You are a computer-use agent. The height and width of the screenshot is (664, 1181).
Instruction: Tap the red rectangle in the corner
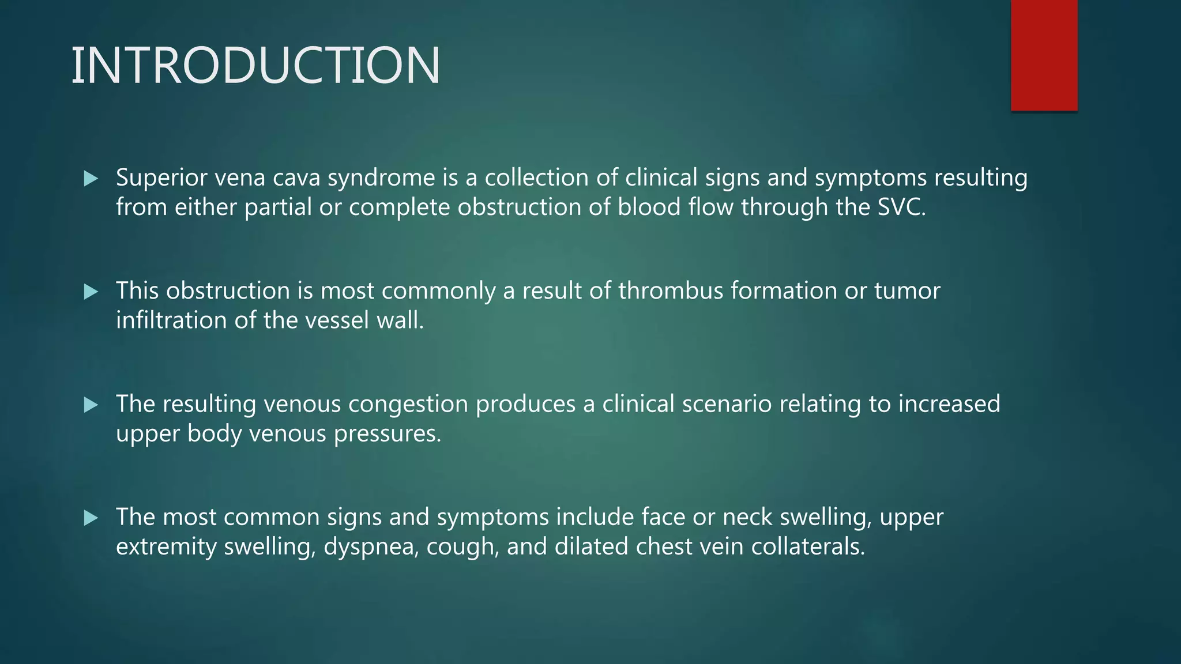point(1044,55)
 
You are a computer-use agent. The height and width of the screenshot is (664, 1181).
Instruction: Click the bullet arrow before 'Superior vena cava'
point(91,179)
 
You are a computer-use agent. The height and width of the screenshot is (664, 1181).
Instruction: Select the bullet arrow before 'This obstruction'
point(91,292)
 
